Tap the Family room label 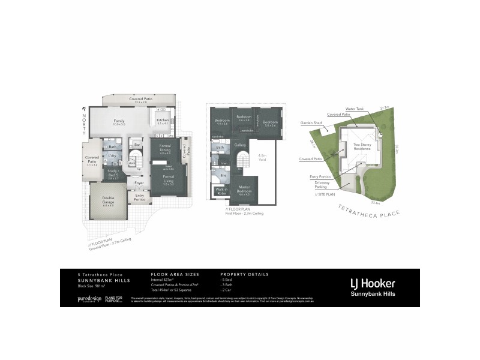(x=119, y=121)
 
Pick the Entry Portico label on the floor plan (x=140, y=196)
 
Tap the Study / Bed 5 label (x=113, y=172)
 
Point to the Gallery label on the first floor (x=241, y=145)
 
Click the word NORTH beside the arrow (x=85, y=123)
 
